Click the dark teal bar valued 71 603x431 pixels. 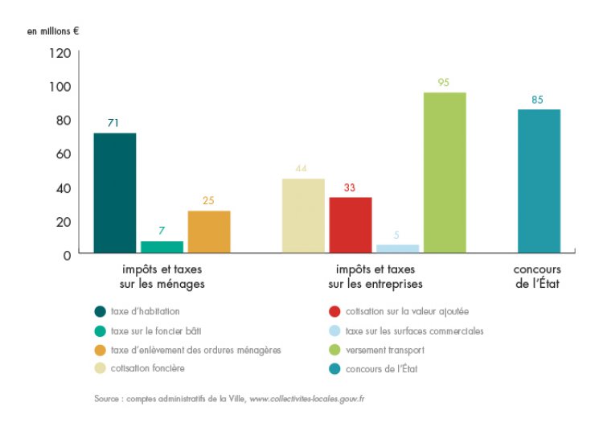click(115, 193)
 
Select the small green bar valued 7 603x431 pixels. click(162, 248)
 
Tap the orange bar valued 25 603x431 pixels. click(209, 232)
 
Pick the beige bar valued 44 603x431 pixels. click(303, 215)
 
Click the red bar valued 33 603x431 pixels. click(351, 225)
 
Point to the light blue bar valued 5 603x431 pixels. click(398, 249)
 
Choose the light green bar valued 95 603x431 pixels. click(445, 173)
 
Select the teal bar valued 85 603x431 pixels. click(539, 182)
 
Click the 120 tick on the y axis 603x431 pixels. click(62, 53)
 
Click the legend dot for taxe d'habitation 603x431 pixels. click(100, 311)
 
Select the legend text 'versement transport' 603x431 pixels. click(385, 351)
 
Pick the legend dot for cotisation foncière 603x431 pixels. click(100, 370)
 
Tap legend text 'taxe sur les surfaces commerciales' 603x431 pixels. click(414, 330)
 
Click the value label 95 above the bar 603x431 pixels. click(445, 82)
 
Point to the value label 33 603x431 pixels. click(351, 187)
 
